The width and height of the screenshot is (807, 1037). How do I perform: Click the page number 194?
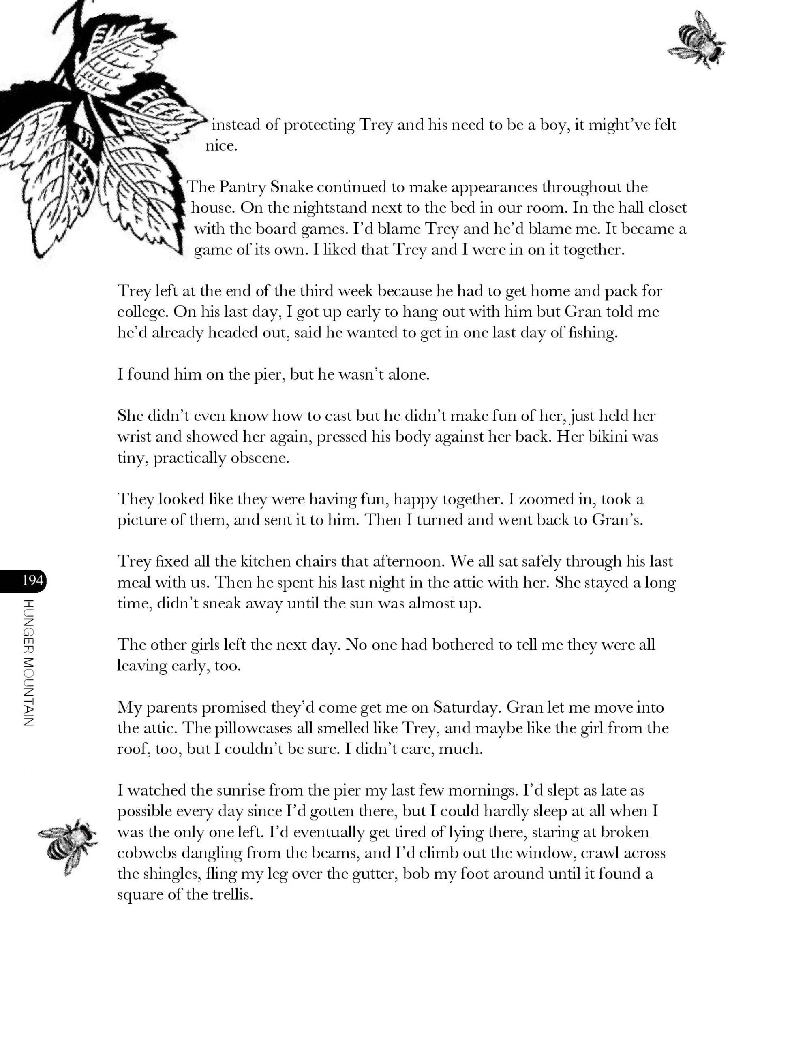tap(32, 580)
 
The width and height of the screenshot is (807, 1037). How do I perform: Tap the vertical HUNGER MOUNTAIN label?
tap(28, 664)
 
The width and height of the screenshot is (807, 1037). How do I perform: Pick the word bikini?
tap(610, 437)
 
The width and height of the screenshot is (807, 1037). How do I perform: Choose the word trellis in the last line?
tap(230, 895)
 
